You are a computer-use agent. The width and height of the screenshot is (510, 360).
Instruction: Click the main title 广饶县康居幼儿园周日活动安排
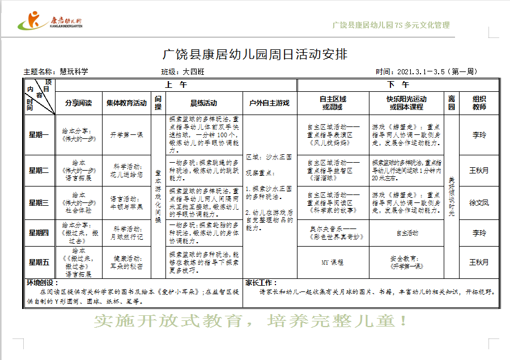click(x=254, y=55)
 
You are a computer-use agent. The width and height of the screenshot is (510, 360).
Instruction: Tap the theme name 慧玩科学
click(x=74, y=72)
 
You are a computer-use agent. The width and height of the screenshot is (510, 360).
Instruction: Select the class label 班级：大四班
click(x=182, y=72)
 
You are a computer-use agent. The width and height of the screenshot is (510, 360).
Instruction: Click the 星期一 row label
click(x=39, y=135)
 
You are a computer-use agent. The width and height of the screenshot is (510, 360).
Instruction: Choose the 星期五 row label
click(x=39, y=262)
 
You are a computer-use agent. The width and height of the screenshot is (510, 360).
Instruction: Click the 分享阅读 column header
click(x=79, y=103)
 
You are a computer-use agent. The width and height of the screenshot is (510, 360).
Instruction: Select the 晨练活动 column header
click(x=203, y=103)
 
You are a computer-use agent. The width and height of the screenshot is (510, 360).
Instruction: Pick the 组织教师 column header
click(x=479, y=103)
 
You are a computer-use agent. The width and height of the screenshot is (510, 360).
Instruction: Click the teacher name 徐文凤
click(x=479, y=202)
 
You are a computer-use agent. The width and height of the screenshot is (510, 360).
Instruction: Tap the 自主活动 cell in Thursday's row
click(x=407, y=233)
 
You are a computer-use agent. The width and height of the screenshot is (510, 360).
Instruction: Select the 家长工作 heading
click(x=261, y=282)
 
